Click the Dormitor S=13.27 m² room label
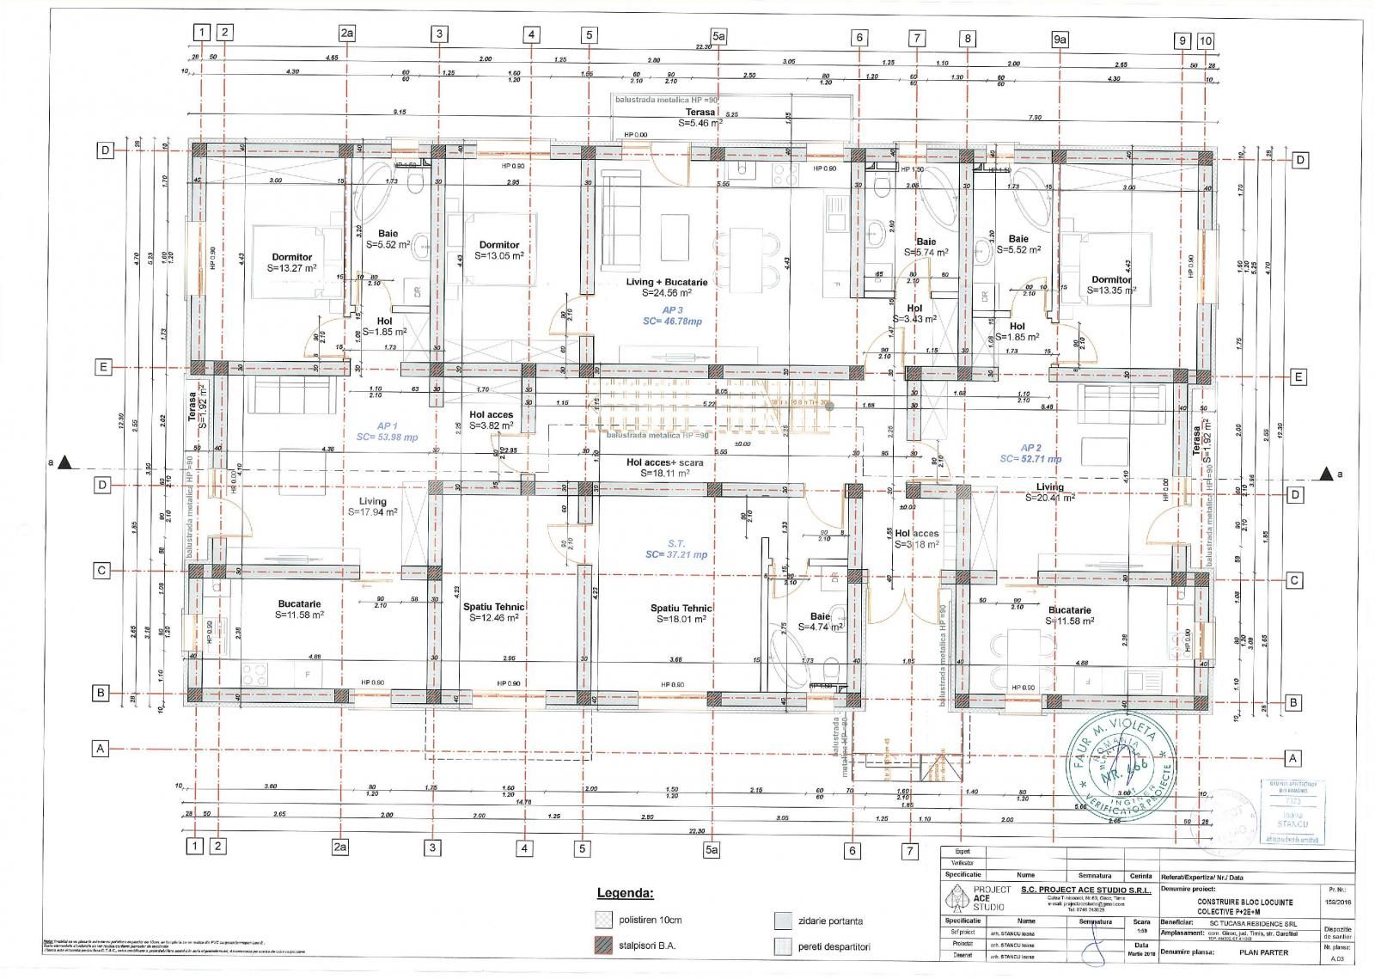pos(291,262)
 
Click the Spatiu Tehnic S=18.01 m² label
pos(681,613)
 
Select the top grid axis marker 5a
pos(718,35)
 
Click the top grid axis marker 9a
pos(1060,39)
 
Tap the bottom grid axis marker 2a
pos(340,847)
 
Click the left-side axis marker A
pos(101,749)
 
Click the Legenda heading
pos(625,893)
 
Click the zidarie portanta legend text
pos(830,921)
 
